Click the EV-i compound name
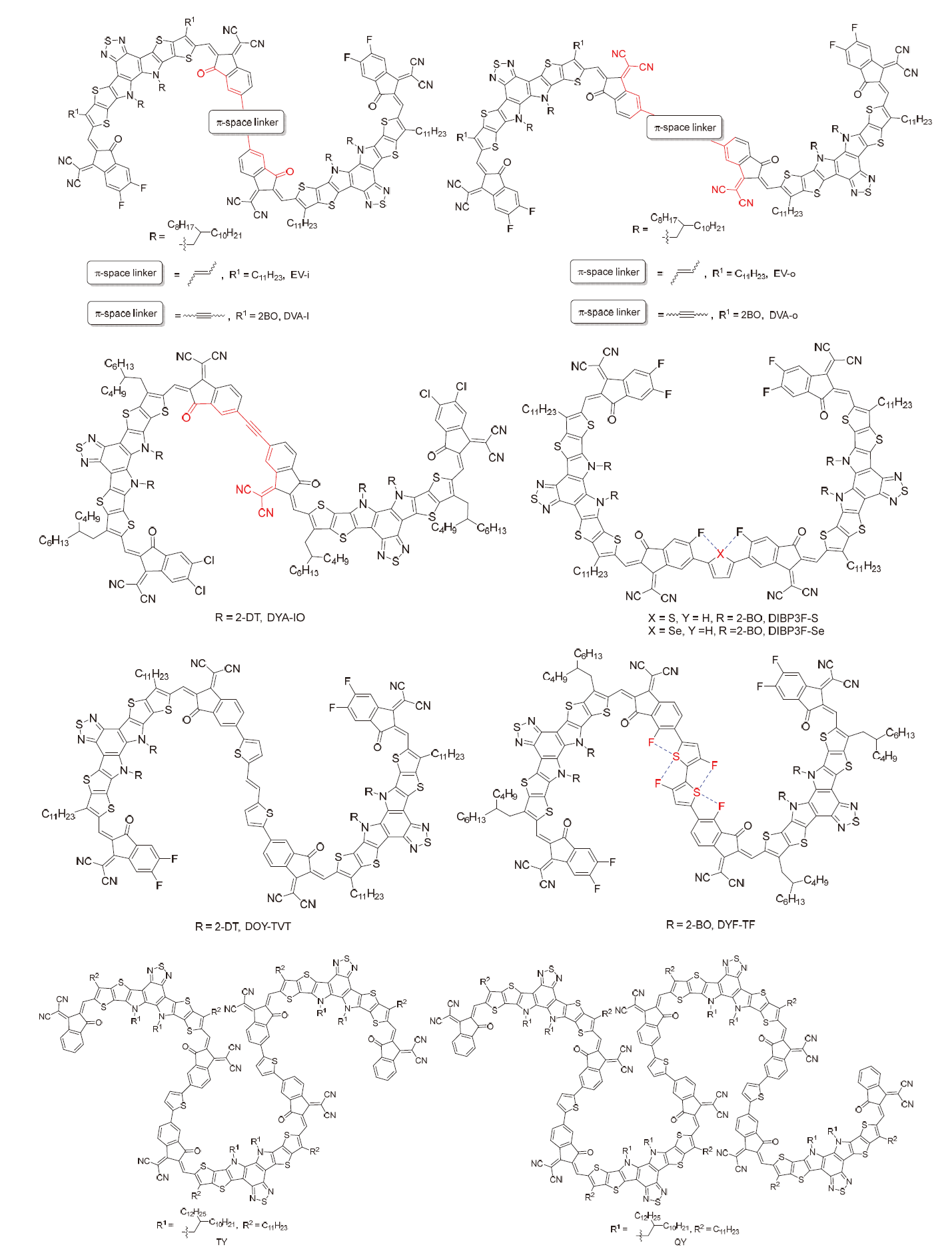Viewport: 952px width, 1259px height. pos(300,274)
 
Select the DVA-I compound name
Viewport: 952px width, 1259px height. pos(296,316)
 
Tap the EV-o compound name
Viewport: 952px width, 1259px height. pos(784,274)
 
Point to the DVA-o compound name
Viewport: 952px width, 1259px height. pos(783,315)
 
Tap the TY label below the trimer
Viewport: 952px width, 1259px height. pos(222,1242)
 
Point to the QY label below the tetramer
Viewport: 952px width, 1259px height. pos(680,1242)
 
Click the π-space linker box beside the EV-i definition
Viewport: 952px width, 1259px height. pos(125,273)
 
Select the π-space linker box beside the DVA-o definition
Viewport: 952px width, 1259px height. pos(609,312)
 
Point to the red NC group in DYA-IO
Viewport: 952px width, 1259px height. pos(243,489)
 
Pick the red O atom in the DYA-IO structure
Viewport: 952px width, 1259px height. pos(186,417)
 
